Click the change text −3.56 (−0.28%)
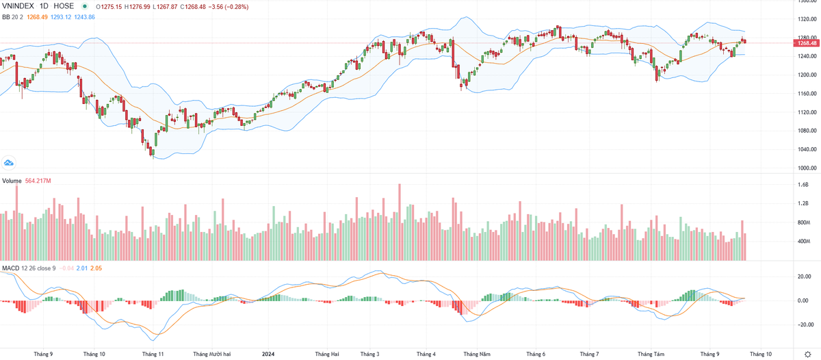click(231, 6)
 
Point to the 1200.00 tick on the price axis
click(807, 75)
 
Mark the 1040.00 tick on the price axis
click(807, 149)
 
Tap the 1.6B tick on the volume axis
click(803, 185)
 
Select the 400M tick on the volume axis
click(804, 242)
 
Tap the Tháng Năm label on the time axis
click(477, 354)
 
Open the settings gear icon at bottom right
click(807, 354)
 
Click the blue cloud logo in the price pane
click(9, 163)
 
